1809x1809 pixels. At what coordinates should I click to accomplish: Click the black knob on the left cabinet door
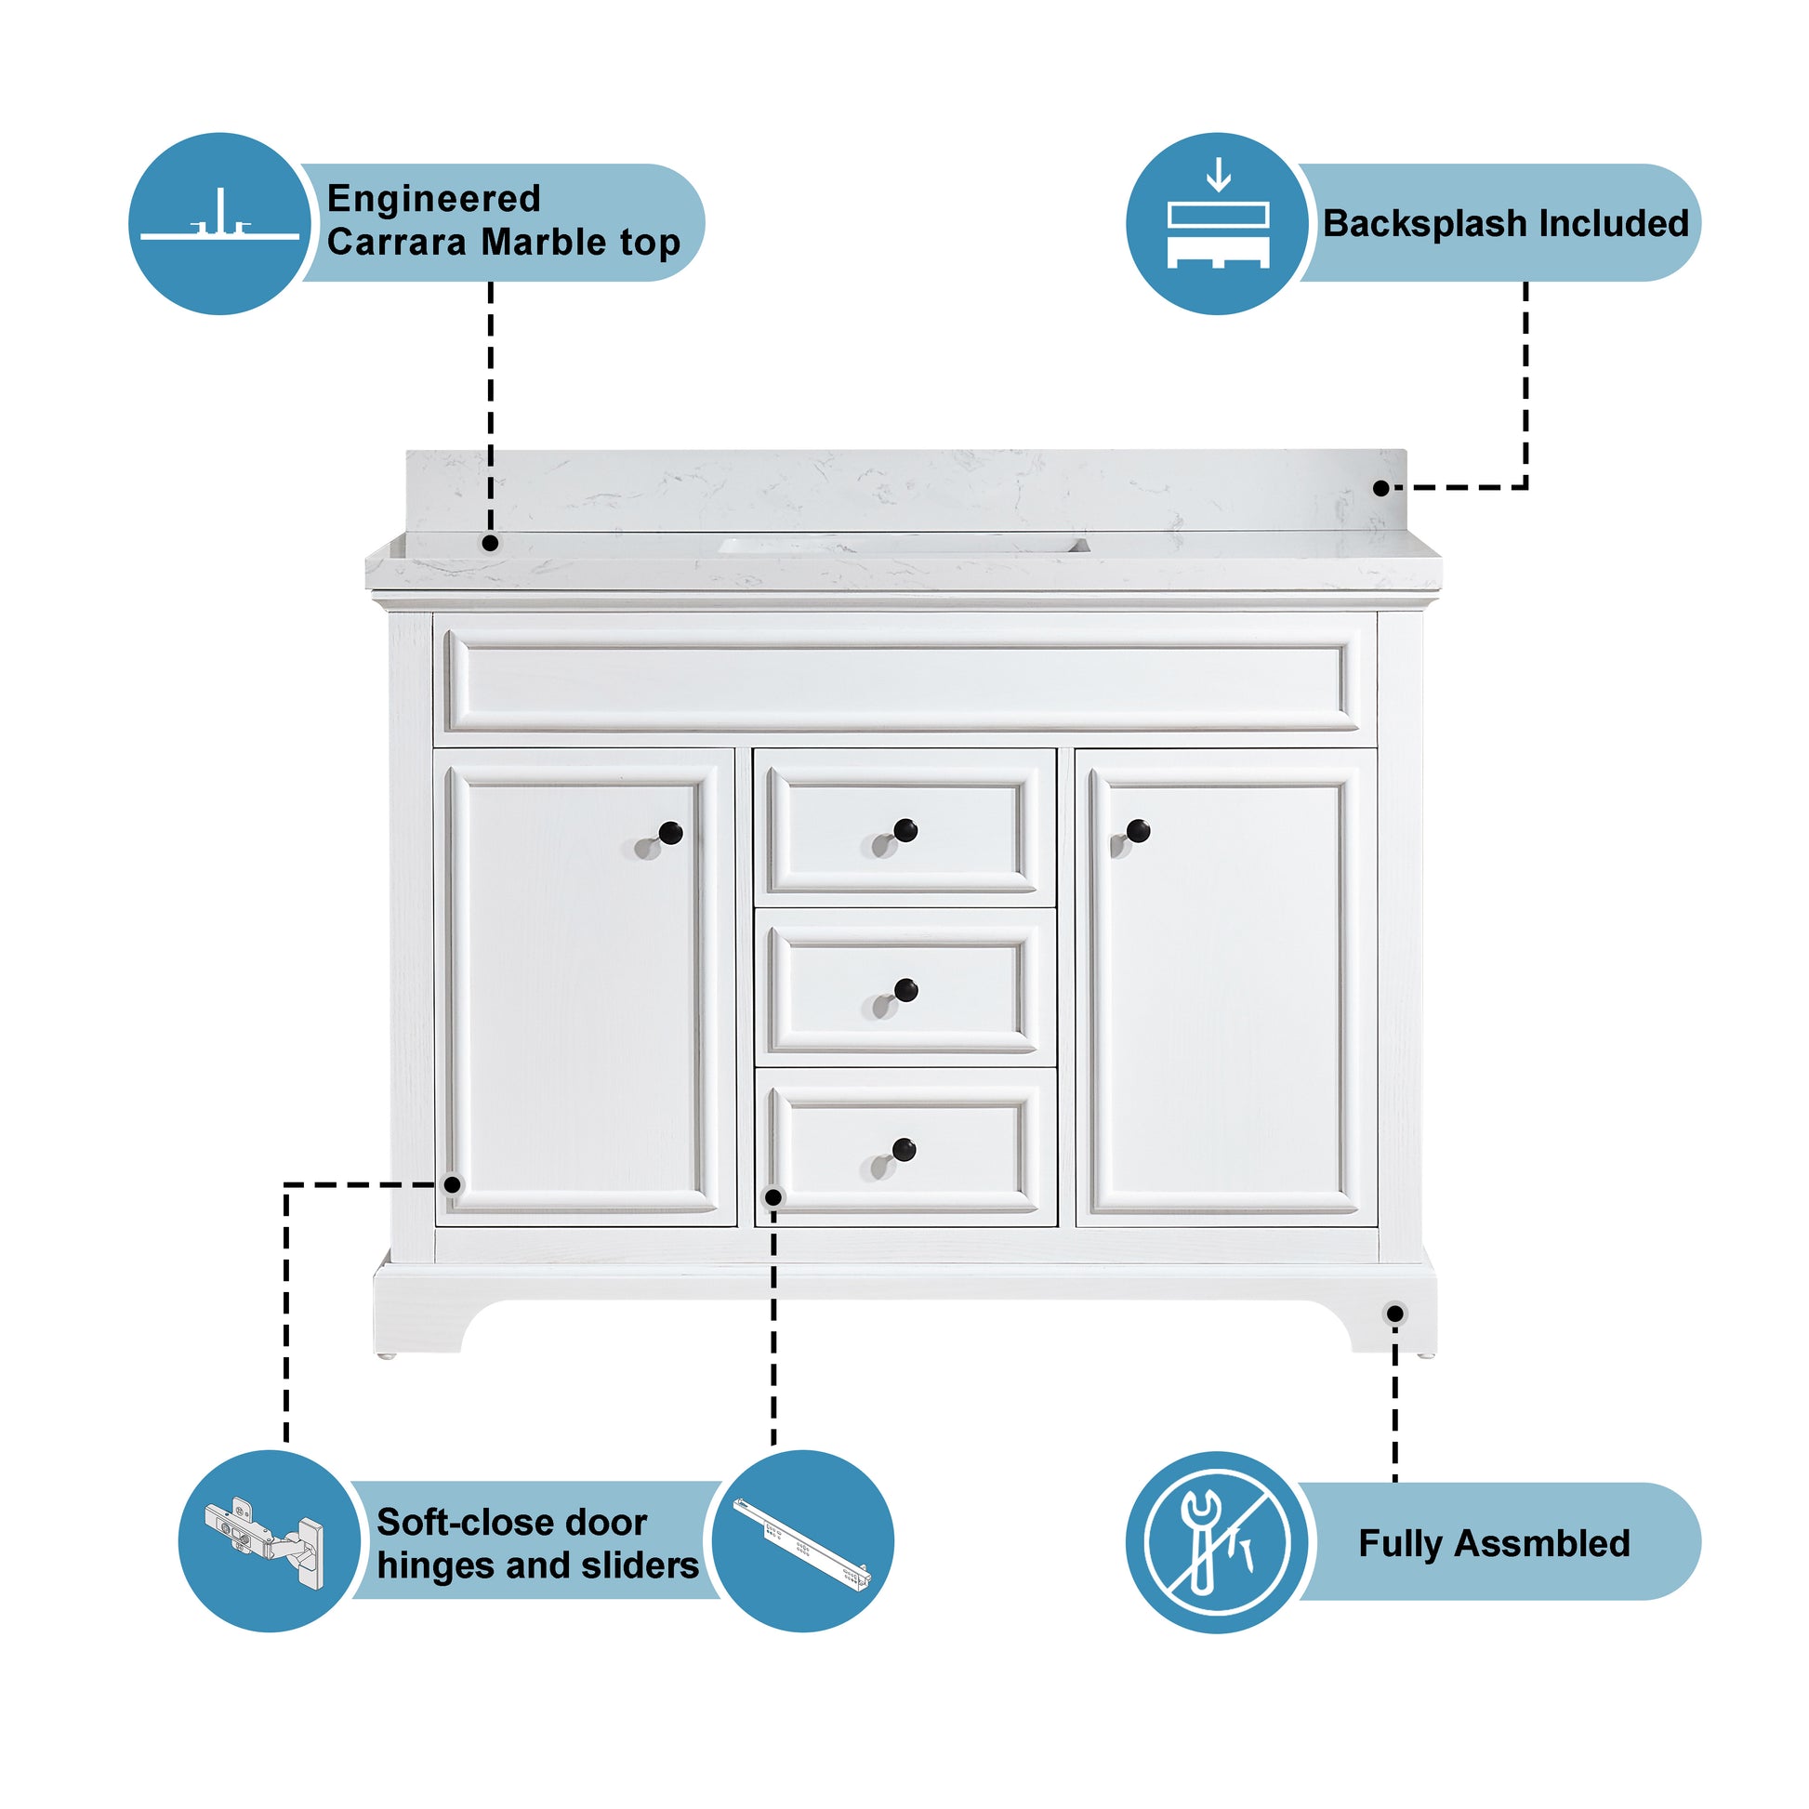click(x=670, y=831)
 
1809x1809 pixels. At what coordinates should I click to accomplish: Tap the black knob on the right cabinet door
click(x=1138, y=829)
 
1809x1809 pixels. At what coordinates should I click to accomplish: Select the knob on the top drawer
click(x=905, y=829)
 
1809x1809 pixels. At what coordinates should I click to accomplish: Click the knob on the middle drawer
click(x=905, y=990)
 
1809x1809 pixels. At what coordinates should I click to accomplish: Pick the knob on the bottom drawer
click(x=904, y=1149)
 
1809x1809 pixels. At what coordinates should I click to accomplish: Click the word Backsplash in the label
click(x=1425, y=224)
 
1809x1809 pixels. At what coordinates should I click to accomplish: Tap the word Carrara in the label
click(x=397, y=243)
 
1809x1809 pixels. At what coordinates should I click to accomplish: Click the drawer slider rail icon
click(x=801, y=1544)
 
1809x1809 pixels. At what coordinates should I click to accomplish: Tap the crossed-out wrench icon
click(x=1217, y=1542)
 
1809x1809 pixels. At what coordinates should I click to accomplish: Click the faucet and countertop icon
click(x=220, y=222)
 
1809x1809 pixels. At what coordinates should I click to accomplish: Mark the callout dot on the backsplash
click(x=1381, y=488)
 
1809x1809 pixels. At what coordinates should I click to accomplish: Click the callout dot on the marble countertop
click(x=490, y=543)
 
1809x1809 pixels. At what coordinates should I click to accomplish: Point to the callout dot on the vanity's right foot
click(x=1395, y=1314)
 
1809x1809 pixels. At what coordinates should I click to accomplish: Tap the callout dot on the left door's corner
click(x=452, y=1184)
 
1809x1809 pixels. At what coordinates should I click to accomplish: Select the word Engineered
click(x=433, y=199)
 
